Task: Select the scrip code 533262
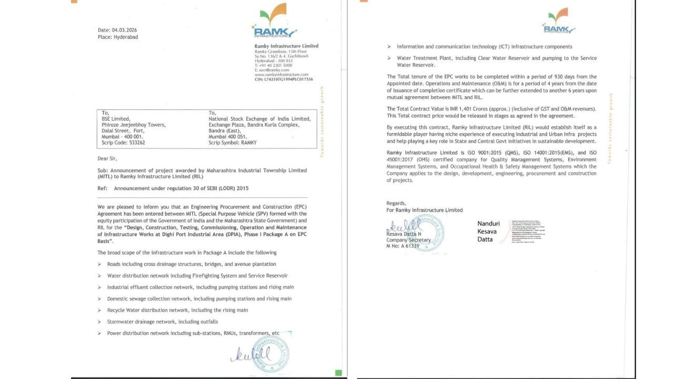point(133,143)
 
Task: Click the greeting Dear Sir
point(108,158)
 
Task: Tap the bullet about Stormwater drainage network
point(162,322)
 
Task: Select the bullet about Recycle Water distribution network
point(177,310)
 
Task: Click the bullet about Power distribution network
point(193,333)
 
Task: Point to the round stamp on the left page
point(271,351)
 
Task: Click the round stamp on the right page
point(425,232)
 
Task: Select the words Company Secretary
point(409,240)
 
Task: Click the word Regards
point(396,203)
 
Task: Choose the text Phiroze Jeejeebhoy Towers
point(134,125)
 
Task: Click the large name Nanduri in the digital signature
point(488,224)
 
